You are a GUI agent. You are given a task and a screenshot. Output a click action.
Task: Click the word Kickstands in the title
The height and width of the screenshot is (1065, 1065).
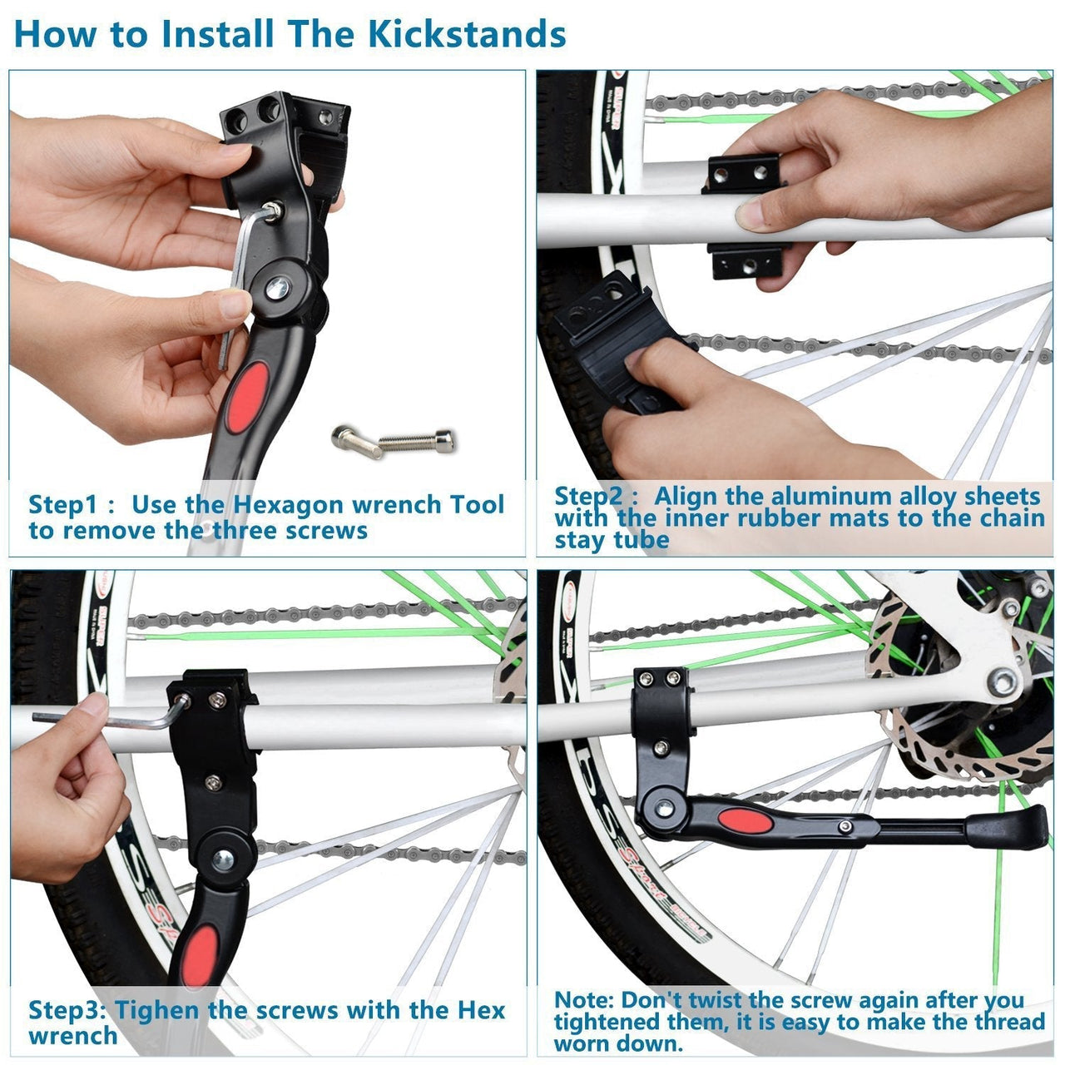(467, 35)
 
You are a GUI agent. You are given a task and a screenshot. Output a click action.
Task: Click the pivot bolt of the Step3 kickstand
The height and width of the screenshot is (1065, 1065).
(221, 859)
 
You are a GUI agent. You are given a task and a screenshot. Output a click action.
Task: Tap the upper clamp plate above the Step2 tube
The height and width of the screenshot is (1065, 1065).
(742, 173)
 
